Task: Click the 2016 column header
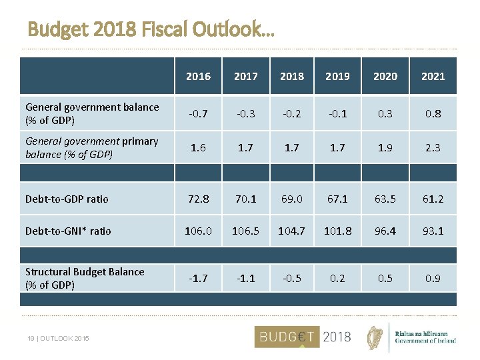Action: point(198,77)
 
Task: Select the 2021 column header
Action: point(433,77)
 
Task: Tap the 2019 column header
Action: point(337,77)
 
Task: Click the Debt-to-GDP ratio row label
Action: point(67,199)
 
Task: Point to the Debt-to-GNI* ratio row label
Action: point(68,231)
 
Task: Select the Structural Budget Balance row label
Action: point(85,278)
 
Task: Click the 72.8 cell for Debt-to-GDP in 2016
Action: point(198,199)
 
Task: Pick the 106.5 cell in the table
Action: point(245,231)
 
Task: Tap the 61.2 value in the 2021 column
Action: point(433,199)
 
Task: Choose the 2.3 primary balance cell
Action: point(433,147)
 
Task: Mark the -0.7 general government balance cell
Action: point(198,113)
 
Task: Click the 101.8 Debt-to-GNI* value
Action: point(337,231)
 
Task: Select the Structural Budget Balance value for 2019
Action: point(337,278)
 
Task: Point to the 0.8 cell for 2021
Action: point(433,113)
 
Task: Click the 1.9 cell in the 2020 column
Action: point(385,147)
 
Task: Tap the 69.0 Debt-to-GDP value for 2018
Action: point(292,199)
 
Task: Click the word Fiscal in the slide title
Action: point(161,30)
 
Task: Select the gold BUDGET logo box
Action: point(287,337)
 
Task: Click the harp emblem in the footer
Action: point(377,337)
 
